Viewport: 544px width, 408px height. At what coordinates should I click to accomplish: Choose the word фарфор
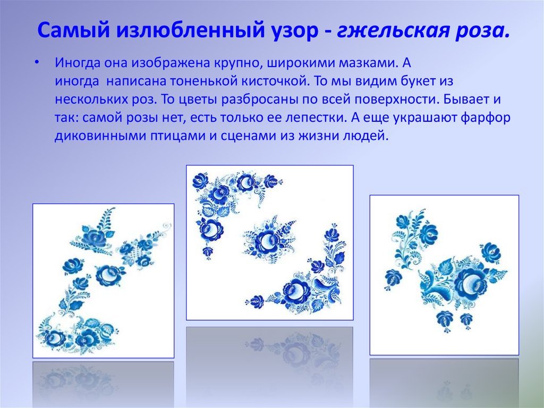pos(486,118)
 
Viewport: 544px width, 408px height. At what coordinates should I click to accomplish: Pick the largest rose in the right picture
pos(471,282)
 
